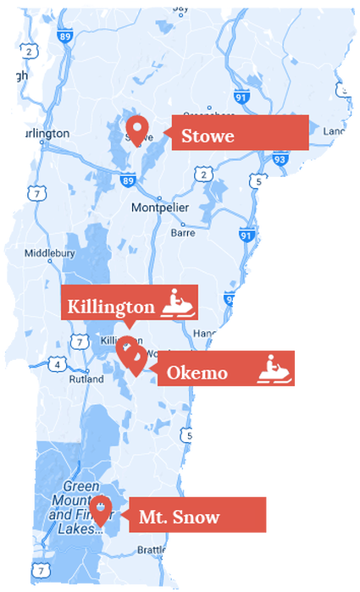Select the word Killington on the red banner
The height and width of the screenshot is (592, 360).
click(111, 306)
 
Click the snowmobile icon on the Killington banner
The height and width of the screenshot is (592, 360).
click(178, 303)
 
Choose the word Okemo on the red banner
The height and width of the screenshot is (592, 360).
click(197, 372)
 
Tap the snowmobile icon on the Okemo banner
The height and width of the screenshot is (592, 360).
click(276, 370)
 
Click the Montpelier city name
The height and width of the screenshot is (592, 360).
click(160, 207)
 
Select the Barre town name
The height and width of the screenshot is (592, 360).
click(183, 231)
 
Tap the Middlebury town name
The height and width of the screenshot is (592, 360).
click(50, 252)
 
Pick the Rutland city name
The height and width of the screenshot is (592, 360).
click(86, 379)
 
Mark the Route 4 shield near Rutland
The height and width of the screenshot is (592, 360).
click(57, 364)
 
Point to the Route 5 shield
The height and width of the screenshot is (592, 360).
click(258, 180)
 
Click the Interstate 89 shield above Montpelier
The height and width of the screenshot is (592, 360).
click(128, 180)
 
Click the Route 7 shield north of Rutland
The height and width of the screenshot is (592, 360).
click(79, 342)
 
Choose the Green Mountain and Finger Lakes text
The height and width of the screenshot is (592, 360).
click(76, 506)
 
